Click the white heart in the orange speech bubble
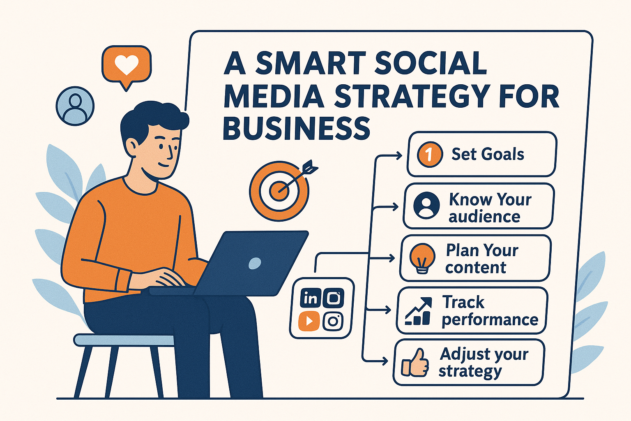[x=127, y=65]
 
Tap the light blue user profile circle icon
[x=75, y=106]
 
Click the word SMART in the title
[x=310, y=64]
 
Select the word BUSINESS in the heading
[x=296, y=128]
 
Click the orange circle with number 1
[x=430, y=154]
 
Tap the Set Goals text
[x=488, y=154]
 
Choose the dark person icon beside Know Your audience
[x=426, y=205]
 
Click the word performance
[x=490, y=320]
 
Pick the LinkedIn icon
[x=310, y=298]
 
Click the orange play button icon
[x=309, y=321]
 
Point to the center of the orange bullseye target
[x=279, y=190]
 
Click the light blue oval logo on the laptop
[x=255, y=263]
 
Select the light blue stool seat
[x=123, y=340]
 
